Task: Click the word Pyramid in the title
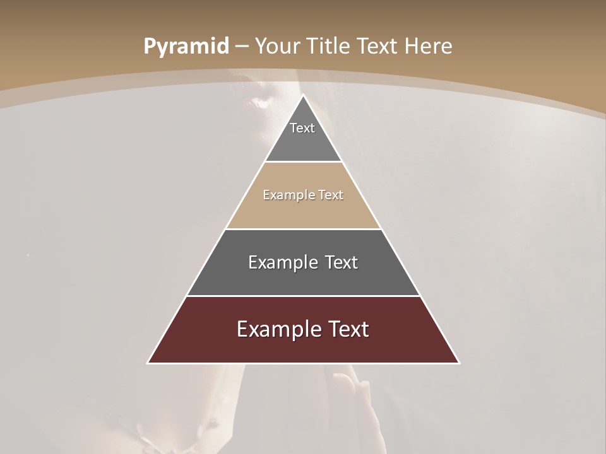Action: [186, 47]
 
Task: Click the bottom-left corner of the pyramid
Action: [148, 363]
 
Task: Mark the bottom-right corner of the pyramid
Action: [459, 363]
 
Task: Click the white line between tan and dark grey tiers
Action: [303, 229]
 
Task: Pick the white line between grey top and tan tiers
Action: [303, 162]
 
